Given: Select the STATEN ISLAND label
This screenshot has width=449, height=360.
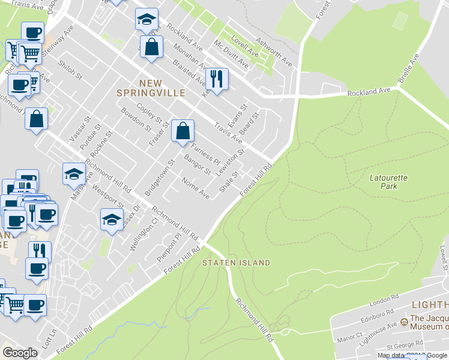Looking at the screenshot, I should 236,263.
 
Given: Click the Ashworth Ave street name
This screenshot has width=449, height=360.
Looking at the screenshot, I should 274,53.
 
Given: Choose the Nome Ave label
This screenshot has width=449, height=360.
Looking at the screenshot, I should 196,190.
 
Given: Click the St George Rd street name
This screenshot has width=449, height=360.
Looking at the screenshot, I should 402,346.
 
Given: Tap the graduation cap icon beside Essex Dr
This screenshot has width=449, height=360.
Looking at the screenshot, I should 112,220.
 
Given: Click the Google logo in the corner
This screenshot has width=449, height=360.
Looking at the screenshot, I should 20,353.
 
